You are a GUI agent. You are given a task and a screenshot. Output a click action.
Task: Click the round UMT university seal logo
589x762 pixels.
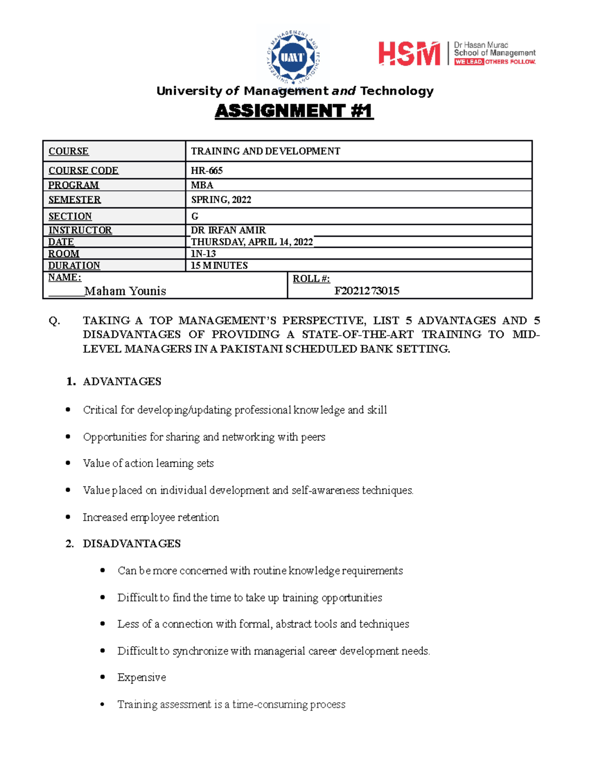click(x=293, y=56)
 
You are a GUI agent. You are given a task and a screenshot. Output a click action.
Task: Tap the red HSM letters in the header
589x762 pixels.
click(x=409, y=53)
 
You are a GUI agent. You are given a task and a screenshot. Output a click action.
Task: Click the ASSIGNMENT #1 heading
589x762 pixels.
click(x=294, y=111)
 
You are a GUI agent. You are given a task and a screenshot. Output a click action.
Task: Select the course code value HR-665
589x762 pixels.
click(x=207, y=171)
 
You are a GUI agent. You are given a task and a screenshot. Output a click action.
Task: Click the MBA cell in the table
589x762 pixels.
click(x=202, y=185)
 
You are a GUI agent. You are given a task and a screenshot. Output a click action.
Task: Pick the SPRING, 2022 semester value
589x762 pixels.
click(x=221, y=200)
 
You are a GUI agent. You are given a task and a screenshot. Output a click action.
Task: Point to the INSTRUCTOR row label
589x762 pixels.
click(x=80, y=230)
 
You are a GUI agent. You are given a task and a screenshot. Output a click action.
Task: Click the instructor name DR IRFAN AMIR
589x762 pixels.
click(x=228, y=230)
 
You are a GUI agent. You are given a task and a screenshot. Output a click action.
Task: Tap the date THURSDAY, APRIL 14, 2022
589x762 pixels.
click(x=252, y=242)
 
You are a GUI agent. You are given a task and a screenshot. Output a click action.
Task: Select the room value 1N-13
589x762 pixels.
click(x=203, y=254)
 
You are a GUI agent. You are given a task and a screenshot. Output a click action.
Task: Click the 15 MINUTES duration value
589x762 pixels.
click(x=219, y=265)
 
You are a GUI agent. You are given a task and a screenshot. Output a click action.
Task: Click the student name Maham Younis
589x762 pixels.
click(x=125, y=291)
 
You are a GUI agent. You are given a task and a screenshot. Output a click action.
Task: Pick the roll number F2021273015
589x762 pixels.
click(x=367, y=291)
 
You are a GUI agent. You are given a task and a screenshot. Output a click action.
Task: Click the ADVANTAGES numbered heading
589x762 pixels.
click(x=122, y=382)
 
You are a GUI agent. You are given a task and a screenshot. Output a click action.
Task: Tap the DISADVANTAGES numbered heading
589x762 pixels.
click(x=132, y=544)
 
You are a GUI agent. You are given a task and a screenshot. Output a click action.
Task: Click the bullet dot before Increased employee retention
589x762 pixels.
click(x=68, y=517)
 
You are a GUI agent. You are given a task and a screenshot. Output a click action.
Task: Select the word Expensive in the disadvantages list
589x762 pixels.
click(x=141, y=678)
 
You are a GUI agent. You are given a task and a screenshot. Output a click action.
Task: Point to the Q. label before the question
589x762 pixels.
click(x=54, y=321)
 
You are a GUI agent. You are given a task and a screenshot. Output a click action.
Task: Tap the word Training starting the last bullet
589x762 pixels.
click(x=137, y=705)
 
